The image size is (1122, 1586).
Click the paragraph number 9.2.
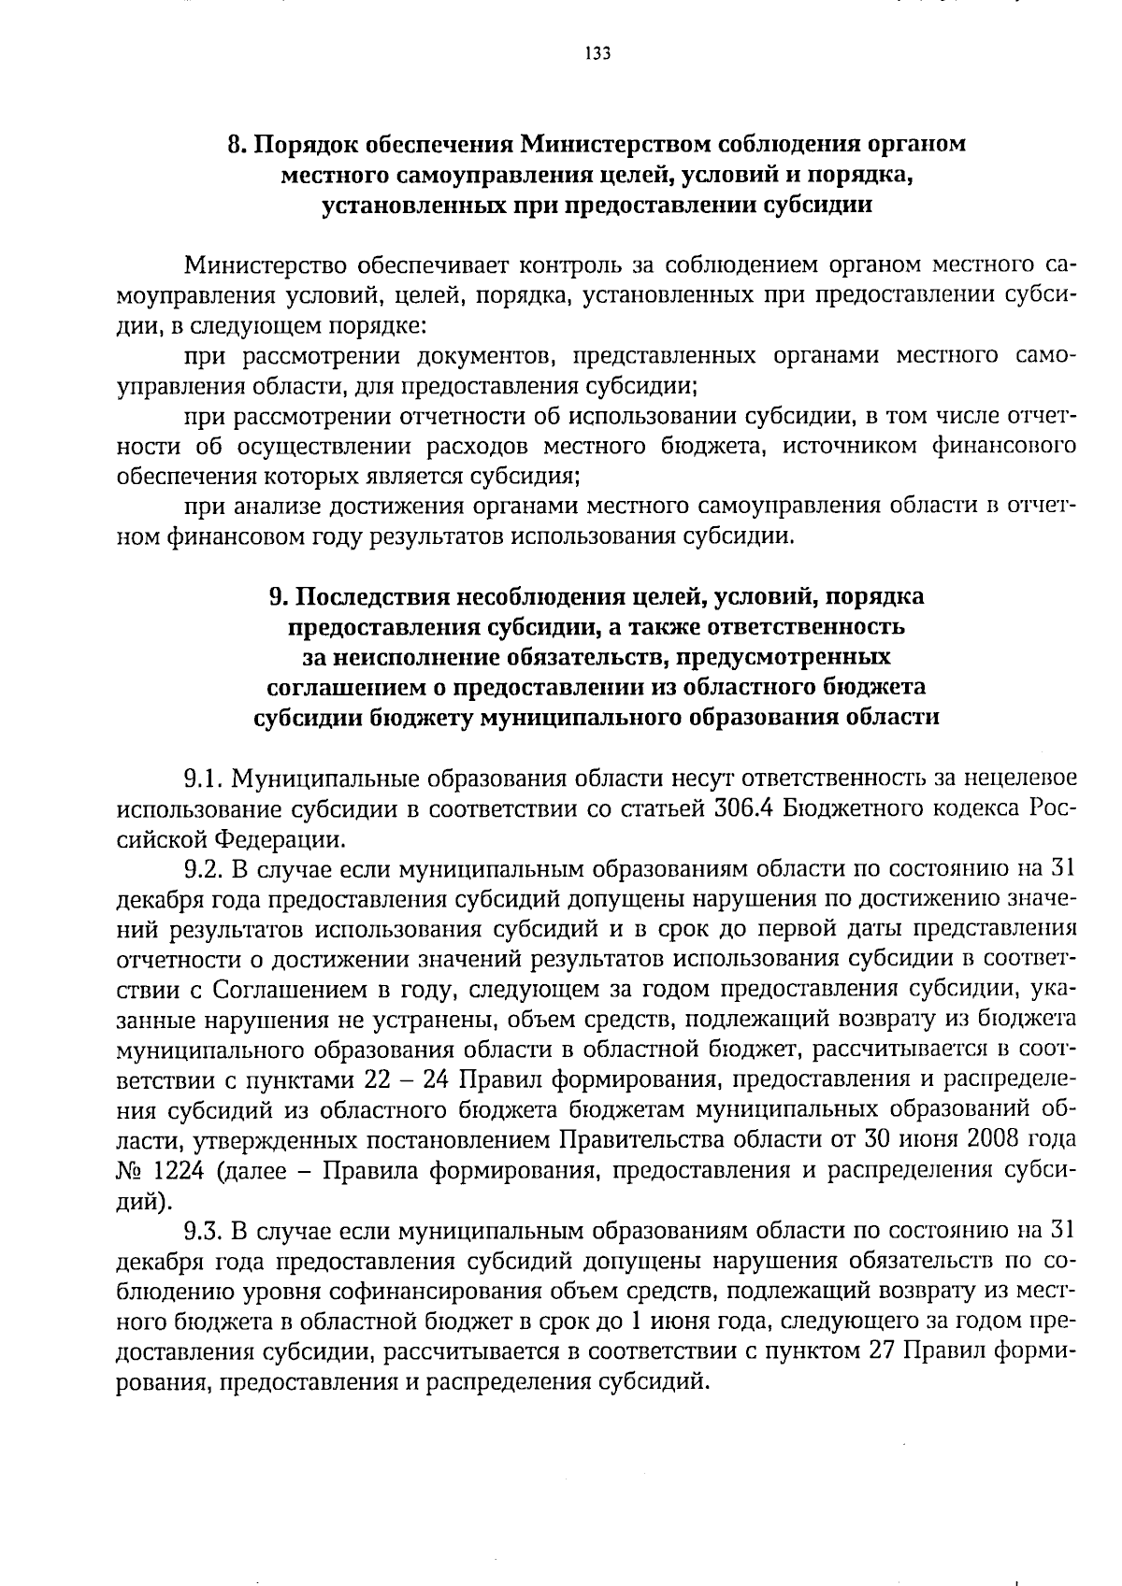pos(203,868)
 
